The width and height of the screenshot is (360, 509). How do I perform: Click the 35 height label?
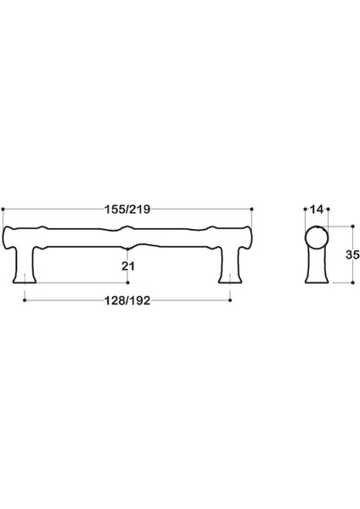(348, 255)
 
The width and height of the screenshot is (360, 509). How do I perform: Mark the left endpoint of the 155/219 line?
(4, 209)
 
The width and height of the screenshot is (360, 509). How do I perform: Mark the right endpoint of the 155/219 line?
(255, 209)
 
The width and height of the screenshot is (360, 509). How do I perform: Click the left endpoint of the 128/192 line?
(26, 299)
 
